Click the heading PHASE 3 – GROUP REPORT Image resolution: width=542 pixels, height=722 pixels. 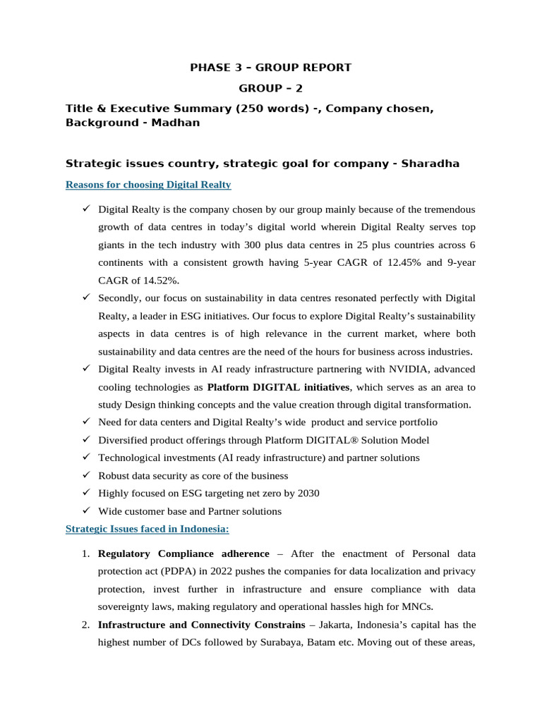coord(270,68)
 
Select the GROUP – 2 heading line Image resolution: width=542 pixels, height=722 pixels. coord(270,88)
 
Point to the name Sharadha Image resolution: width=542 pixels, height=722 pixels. coord(430,164)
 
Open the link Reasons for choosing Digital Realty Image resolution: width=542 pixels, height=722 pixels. coord(148,185)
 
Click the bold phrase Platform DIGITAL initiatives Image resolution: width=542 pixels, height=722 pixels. coord(278,387)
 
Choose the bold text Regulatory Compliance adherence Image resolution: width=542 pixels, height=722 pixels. coord(183,553)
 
